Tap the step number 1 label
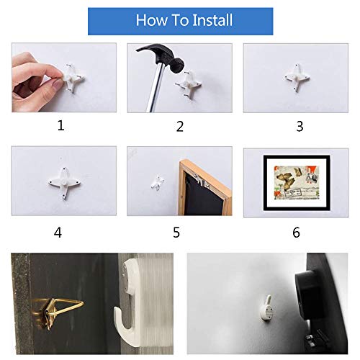pyautogui.click(x=60, y=125)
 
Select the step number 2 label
pyautogui.click(x=179, y=126)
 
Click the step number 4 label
pyautogui.click(x=58, y=232)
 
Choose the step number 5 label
pyautogui.click(x=176, y=232)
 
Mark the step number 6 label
pyautogui.click(x=297, y=232)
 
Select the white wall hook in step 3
pyautogui.click(x=295, y=75)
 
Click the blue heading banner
pyautogui.click(x=179, y=19)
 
